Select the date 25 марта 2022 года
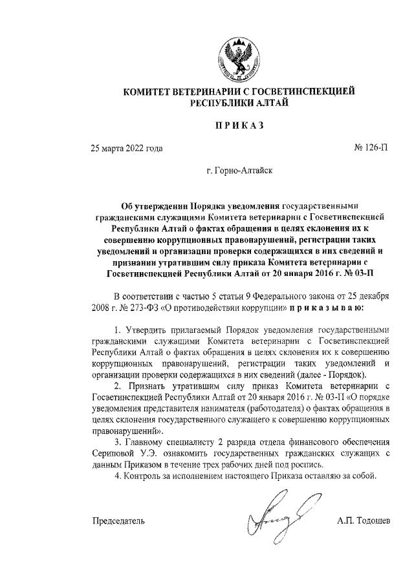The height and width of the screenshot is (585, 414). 127,149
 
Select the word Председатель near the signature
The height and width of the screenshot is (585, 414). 118,520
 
